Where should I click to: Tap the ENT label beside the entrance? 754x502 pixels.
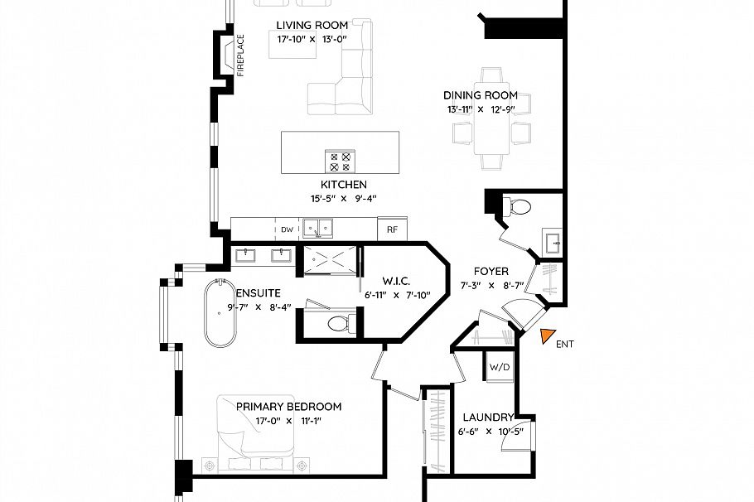click(564, 344)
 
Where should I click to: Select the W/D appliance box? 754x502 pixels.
click(499, 367)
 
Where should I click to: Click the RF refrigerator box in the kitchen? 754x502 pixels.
click(393, 229)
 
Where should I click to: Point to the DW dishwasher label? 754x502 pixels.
click(287, 229)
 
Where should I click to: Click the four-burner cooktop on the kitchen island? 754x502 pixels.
click(340, 161)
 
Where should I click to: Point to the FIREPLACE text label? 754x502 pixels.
click(241, 56)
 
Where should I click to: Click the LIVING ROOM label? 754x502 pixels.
click(312, 25)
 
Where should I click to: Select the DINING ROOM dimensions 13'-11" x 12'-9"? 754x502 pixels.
click(480, 109)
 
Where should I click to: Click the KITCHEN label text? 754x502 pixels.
click(343, 184)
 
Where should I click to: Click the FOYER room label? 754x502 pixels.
click(491, 271)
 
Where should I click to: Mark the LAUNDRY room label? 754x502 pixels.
click(489, 418)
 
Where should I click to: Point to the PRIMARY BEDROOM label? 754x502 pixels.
click(288, 406)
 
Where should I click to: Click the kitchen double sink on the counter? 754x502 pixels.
click(317, 226)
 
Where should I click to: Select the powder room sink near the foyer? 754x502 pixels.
click(553, 242)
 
